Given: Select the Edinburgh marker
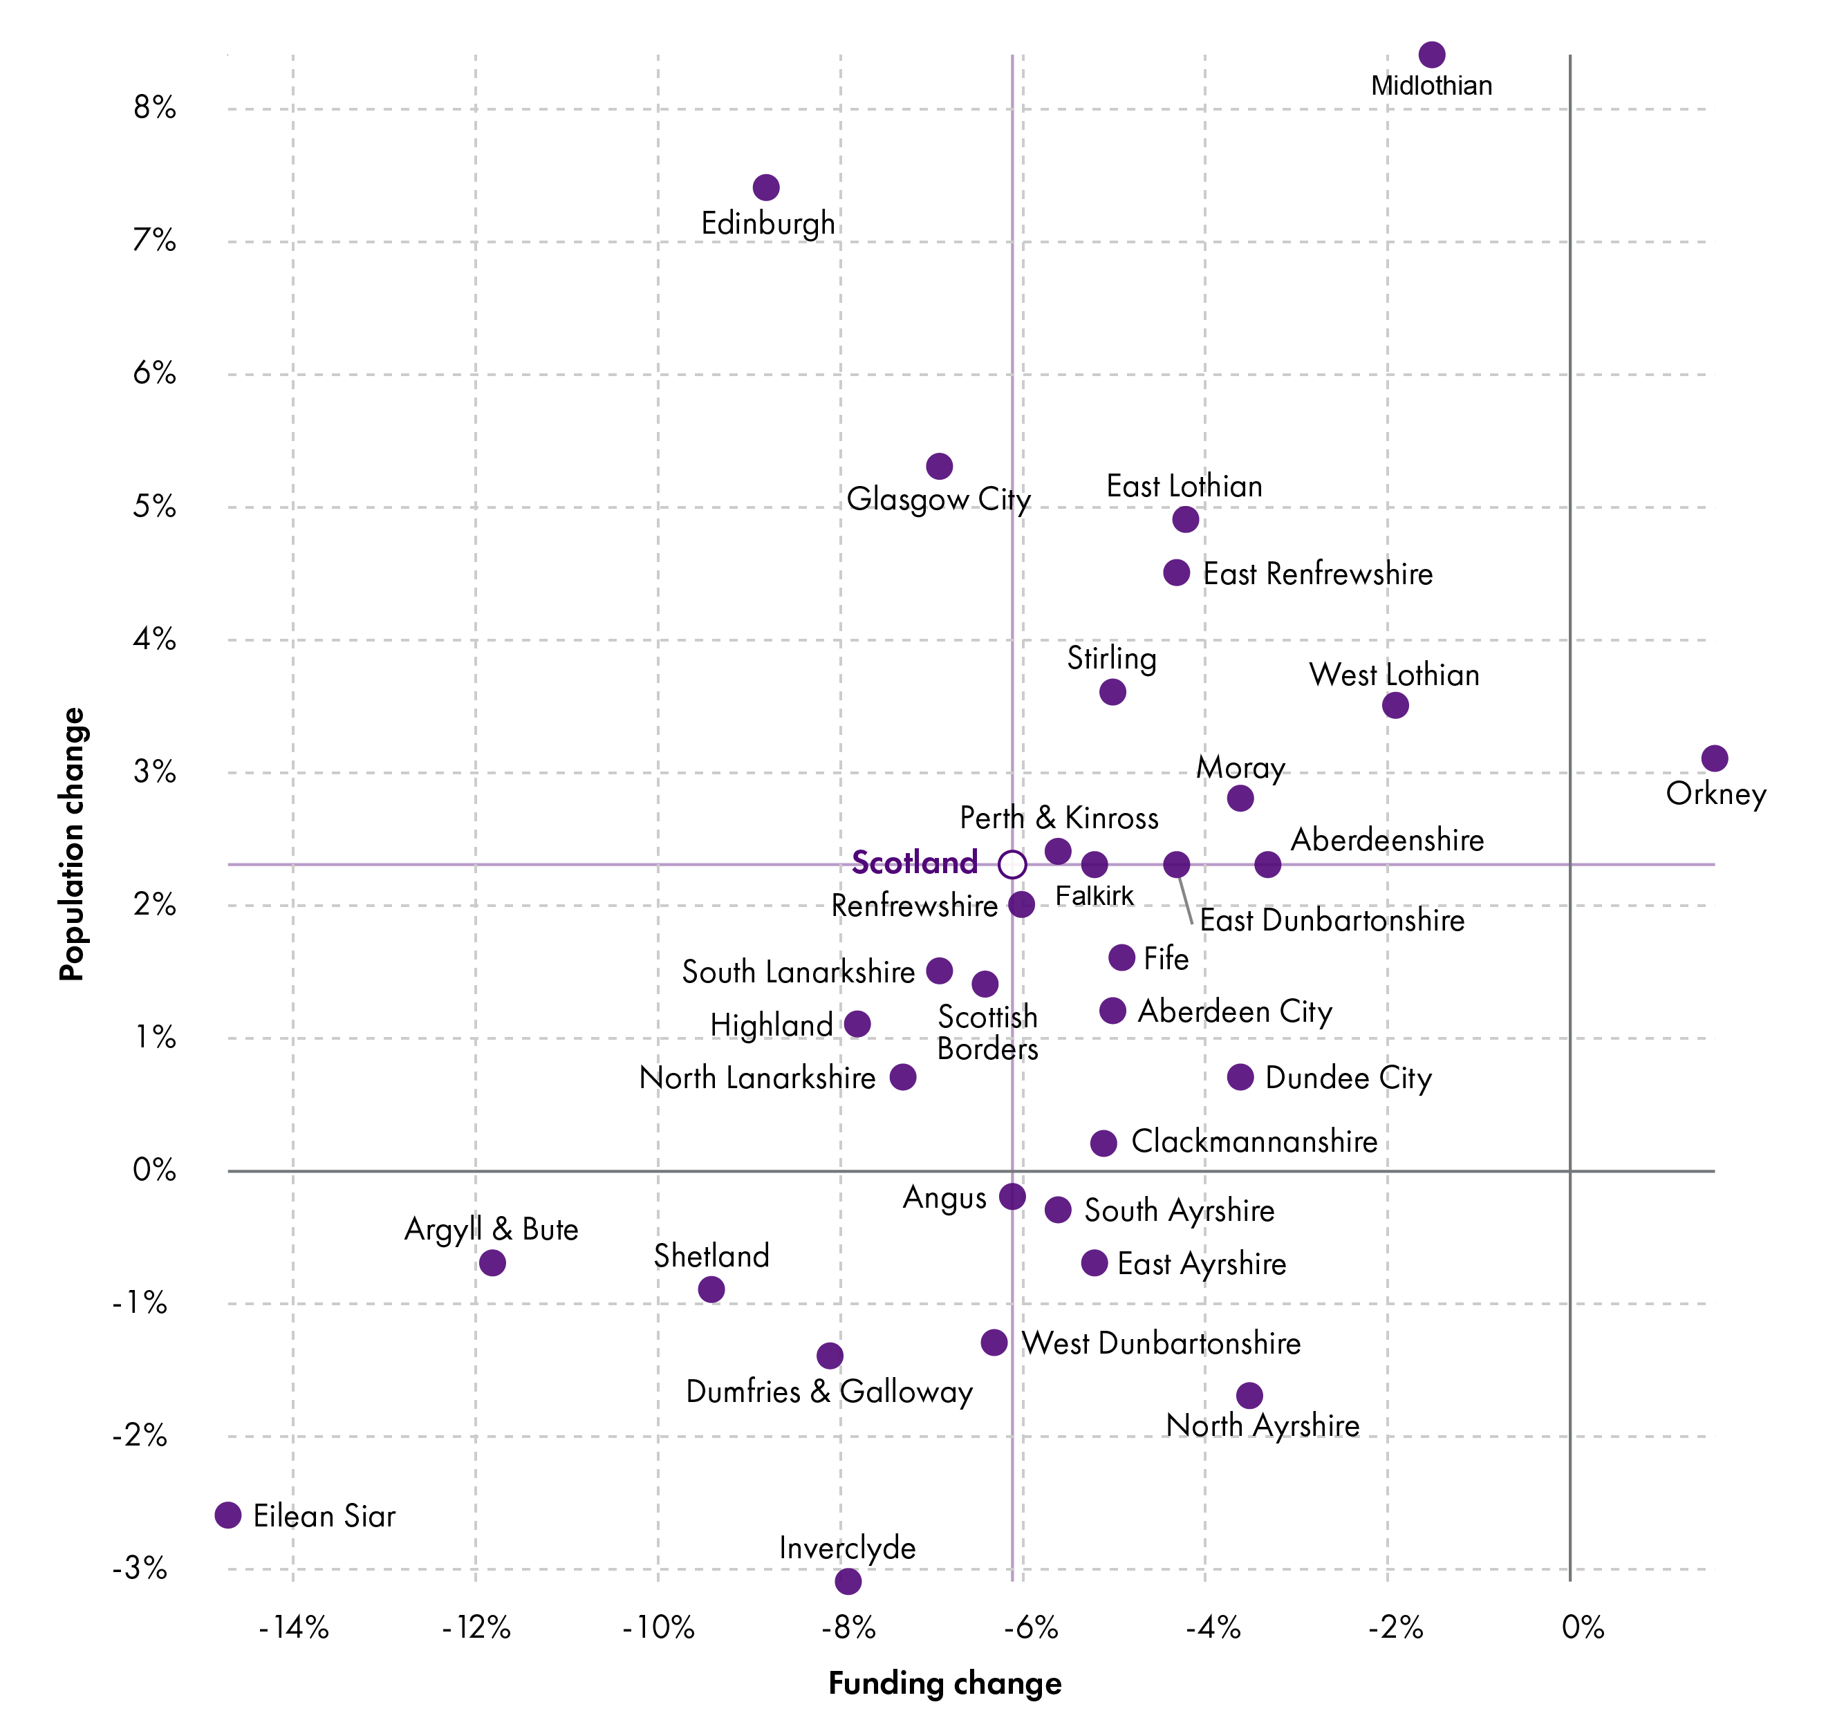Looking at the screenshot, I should coord(766,187).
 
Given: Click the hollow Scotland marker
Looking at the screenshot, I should coord(1012,864).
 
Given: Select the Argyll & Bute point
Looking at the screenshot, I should coord(492,1262).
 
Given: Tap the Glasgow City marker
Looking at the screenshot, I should coord(940,466).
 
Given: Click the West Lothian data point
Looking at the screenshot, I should coord(1395,705).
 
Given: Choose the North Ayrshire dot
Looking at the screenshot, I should coord(1249,1395).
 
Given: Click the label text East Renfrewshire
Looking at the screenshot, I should coord(1317,574).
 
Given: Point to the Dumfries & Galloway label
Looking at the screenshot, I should coord(829,1392).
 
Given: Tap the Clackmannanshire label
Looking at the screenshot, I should coord(1254,1142).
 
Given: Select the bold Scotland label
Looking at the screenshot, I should coord(915,863).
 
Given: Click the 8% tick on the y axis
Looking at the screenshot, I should coord(154,109).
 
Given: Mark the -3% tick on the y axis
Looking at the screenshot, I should coord(140,1569).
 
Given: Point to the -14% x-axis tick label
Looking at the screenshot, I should coord(293,1628).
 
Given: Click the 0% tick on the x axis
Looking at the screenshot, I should coord(1583,1628).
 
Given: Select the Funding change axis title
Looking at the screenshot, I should coord(944,1683).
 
